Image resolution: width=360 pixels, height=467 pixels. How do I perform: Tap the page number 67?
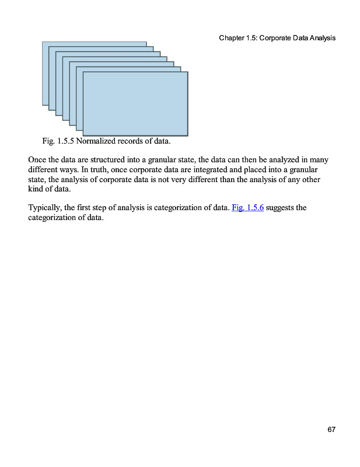pos(331,430)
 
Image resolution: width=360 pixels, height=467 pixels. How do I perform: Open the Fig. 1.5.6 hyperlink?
pos(248,207)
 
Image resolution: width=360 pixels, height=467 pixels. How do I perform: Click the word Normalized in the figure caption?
pos(96,141)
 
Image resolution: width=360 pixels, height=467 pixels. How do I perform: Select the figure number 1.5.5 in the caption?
pos(64,141)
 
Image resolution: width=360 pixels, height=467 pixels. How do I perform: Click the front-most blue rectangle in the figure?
pos(135,103)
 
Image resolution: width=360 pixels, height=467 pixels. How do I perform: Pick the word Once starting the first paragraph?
pos(38,159)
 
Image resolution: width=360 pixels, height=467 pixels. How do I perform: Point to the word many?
pos(326,159)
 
